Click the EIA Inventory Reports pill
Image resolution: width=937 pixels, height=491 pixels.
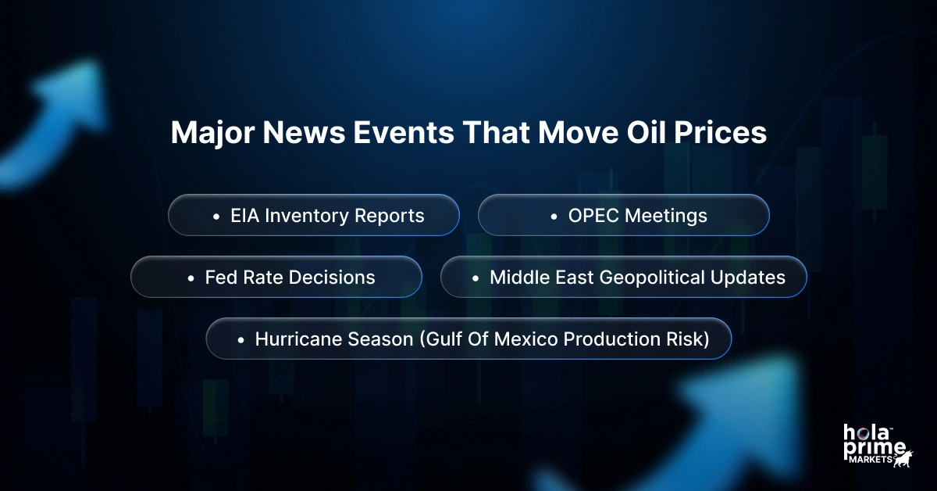pyautogui.click(x=314, y=215)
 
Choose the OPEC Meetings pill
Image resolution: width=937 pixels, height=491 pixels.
pyautogui.click(x=623, y=215)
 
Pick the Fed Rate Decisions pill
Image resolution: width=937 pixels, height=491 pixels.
pyautogui.click(x=276, y=277)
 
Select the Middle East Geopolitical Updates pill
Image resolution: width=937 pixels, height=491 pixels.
pyautogui.click(x=623, y=277)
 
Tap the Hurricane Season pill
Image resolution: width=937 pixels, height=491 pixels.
pyautogui.click(x=468, y=339)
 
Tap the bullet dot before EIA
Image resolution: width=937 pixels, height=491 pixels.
pyautogui.click(x=216, y=216)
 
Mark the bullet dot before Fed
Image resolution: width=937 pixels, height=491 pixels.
pyautogui.click(x=191, y=278)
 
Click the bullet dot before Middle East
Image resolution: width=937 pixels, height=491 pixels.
pyautogui.click(x=476, y=278)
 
